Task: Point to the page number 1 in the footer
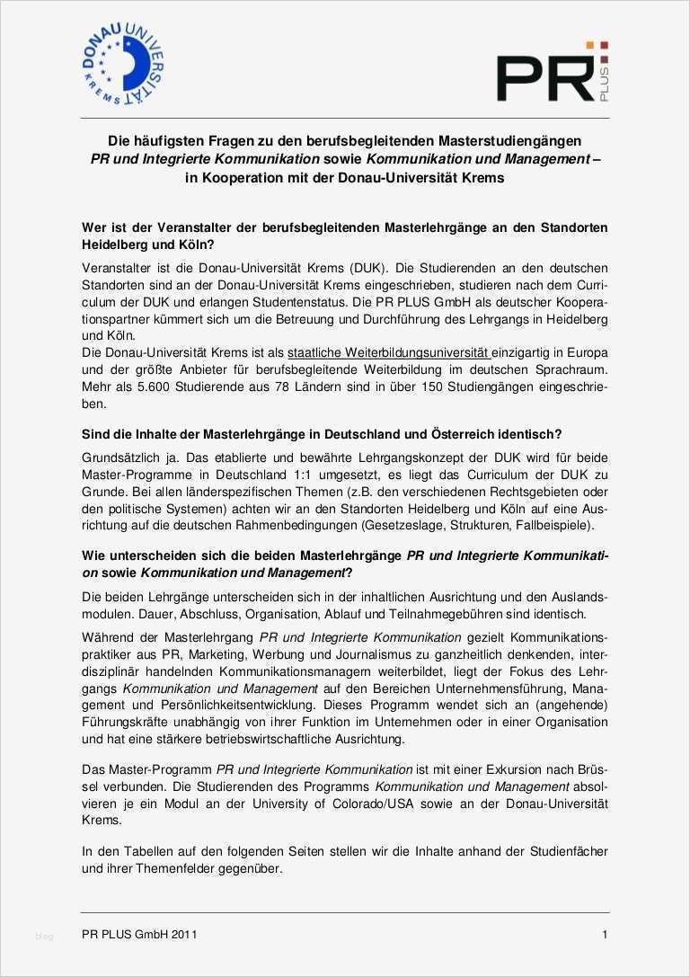coord(605,935)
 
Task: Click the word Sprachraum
coord(567,370)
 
